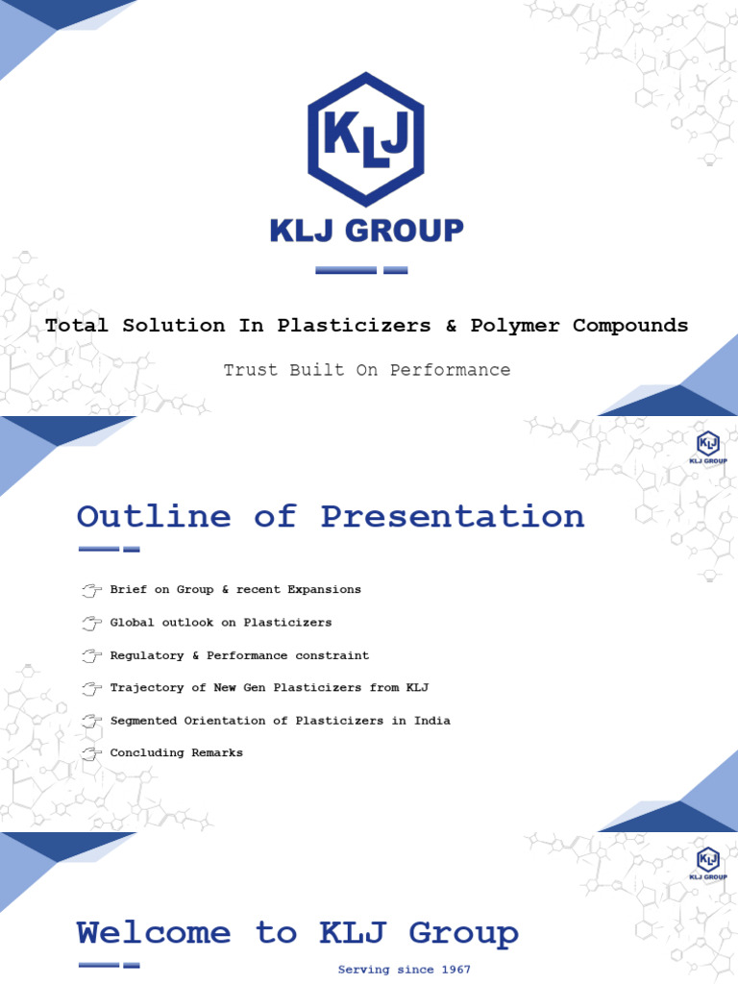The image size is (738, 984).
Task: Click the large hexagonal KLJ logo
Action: click(365, 138)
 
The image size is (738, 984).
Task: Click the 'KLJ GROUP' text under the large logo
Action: click(365, 231)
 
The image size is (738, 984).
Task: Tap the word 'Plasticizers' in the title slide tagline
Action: click(355, 326)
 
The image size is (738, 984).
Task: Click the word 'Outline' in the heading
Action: click(154, 516)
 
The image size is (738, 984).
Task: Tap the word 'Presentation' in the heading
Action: click(452, 516)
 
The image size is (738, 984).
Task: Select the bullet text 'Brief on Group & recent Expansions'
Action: click(235, 589)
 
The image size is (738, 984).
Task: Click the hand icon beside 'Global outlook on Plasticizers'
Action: click(91, 623)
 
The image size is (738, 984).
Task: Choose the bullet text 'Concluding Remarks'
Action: click(177, 753)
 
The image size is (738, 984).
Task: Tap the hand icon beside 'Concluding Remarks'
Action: click(91, 753)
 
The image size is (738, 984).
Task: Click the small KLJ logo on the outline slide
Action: click(708, 448)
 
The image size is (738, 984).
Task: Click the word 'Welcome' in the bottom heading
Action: click(154, 933)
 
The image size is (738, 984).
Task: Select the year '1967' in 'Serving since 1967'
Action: click(450, 970)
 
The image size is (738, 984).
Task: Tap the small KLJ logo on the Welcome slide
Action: click(708, 862)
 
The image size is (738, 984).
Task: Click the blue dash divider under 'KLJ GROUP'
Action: click(361, 270)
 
